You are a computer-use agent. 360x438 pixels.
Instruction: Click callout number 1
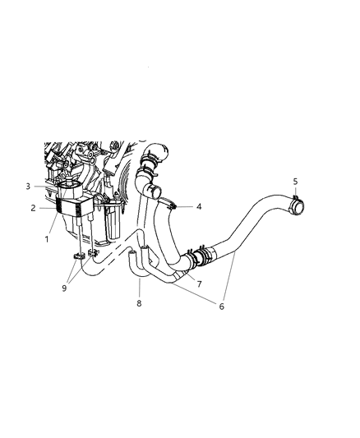pos(47,239)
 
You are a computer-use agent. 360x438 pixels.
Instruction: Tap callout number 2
pos(34,209)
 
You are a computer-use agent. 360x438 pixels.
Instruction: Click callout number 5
pos(297,180)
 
